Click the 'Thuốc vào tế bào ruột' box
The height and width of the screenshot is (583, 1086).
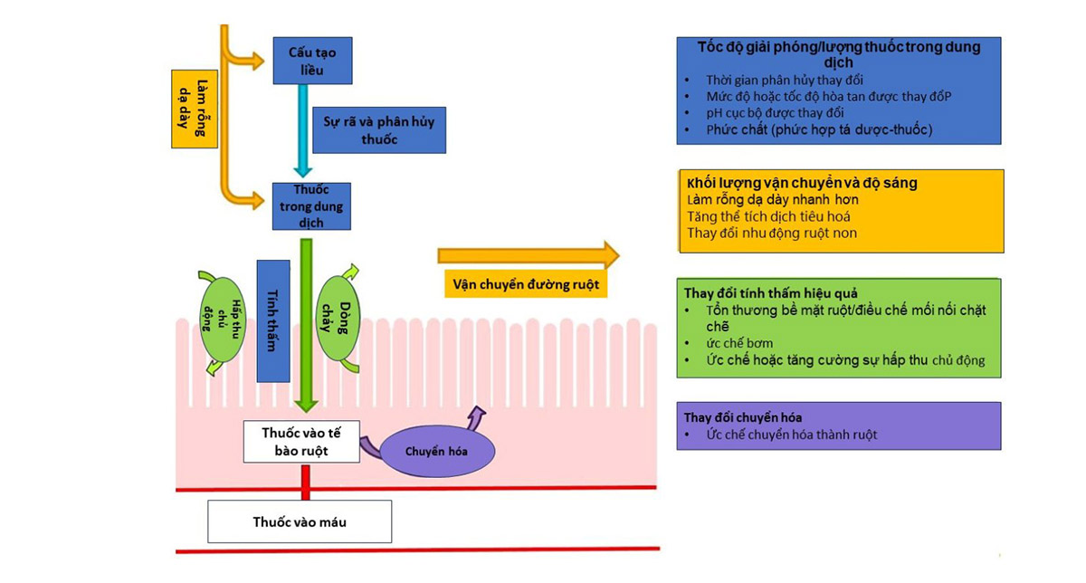coord(302,440)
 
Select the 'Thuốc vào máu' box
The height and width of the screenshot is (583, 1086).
coord(300,522)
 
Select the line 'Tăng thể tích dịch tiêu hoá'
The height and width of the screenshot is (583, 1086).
coord(768,215)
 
